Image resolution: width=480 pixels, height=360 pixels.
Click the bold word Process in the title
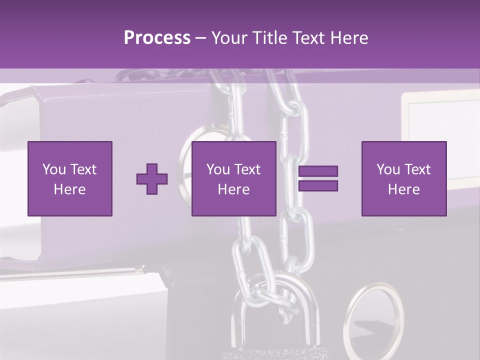coord(157,38)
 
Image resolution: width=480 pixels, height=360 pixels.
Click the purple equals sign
coord(318,178)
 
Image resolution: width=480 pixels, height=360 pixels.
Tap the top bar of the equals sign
coord(318,171)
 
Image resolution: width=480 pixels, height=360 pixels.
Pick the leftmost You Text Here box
coord(69,178)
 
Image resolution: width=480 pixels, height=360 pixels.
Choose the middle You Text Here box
coord(233,178)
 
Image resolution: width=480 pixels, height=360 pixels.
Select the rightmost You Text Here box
coord(403,178)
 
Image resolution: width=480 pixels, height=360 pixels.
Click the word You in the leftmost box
coord(54,169)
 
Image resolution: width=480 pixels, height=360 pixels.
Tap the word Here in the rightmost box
coord(403,189)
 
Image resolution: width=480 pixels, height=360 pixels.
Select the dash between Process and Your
coord(200,38)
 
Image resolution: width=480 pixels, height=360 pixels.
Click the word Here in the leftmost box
coord(69,189)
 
